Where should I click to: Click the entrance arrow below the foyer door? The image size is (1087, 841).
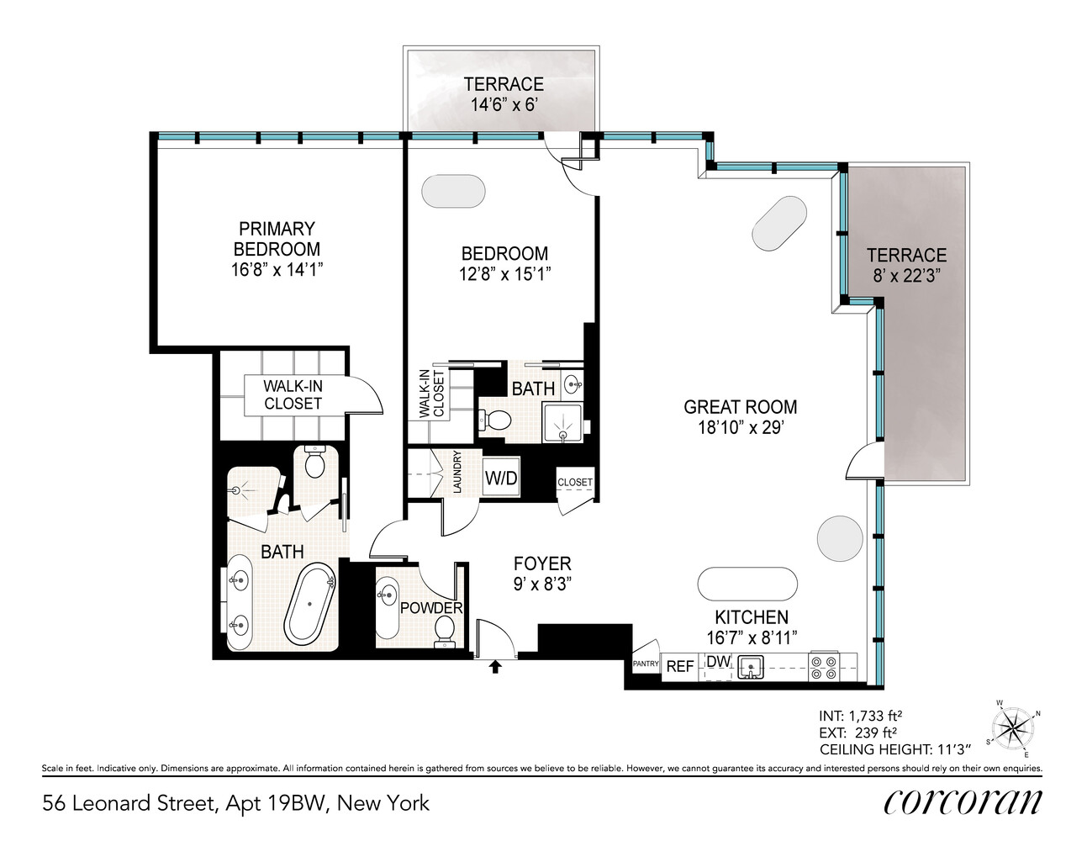coord(495,666)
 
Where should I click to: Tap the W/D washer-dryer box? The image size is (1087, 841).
coord(501,479)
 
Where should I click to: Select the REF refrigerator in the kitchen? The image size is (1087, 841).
coord(679,666)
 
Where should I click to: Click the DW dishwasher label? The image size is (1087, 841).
coord(718,662)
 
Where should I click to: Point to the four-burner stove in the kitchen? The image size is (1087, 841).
coord(822,667)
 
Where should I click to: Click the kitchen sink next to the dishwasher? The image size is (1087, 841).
coord(750,668)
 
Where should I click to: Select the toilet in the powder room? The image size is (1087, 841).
coord(445,631)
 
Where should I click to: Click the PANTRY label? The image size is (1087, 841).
coord(645,664)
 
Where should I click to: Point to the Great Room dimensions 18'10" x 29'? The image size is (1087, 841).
coord(740,427)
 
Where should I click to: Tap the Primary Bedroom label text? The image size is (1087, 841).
coord(277,239)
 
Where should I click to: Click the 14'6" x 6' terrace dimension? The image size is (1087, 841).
coord(503,105)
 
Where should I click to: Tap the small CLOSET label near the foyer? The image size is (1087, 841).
coord(575,482)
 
